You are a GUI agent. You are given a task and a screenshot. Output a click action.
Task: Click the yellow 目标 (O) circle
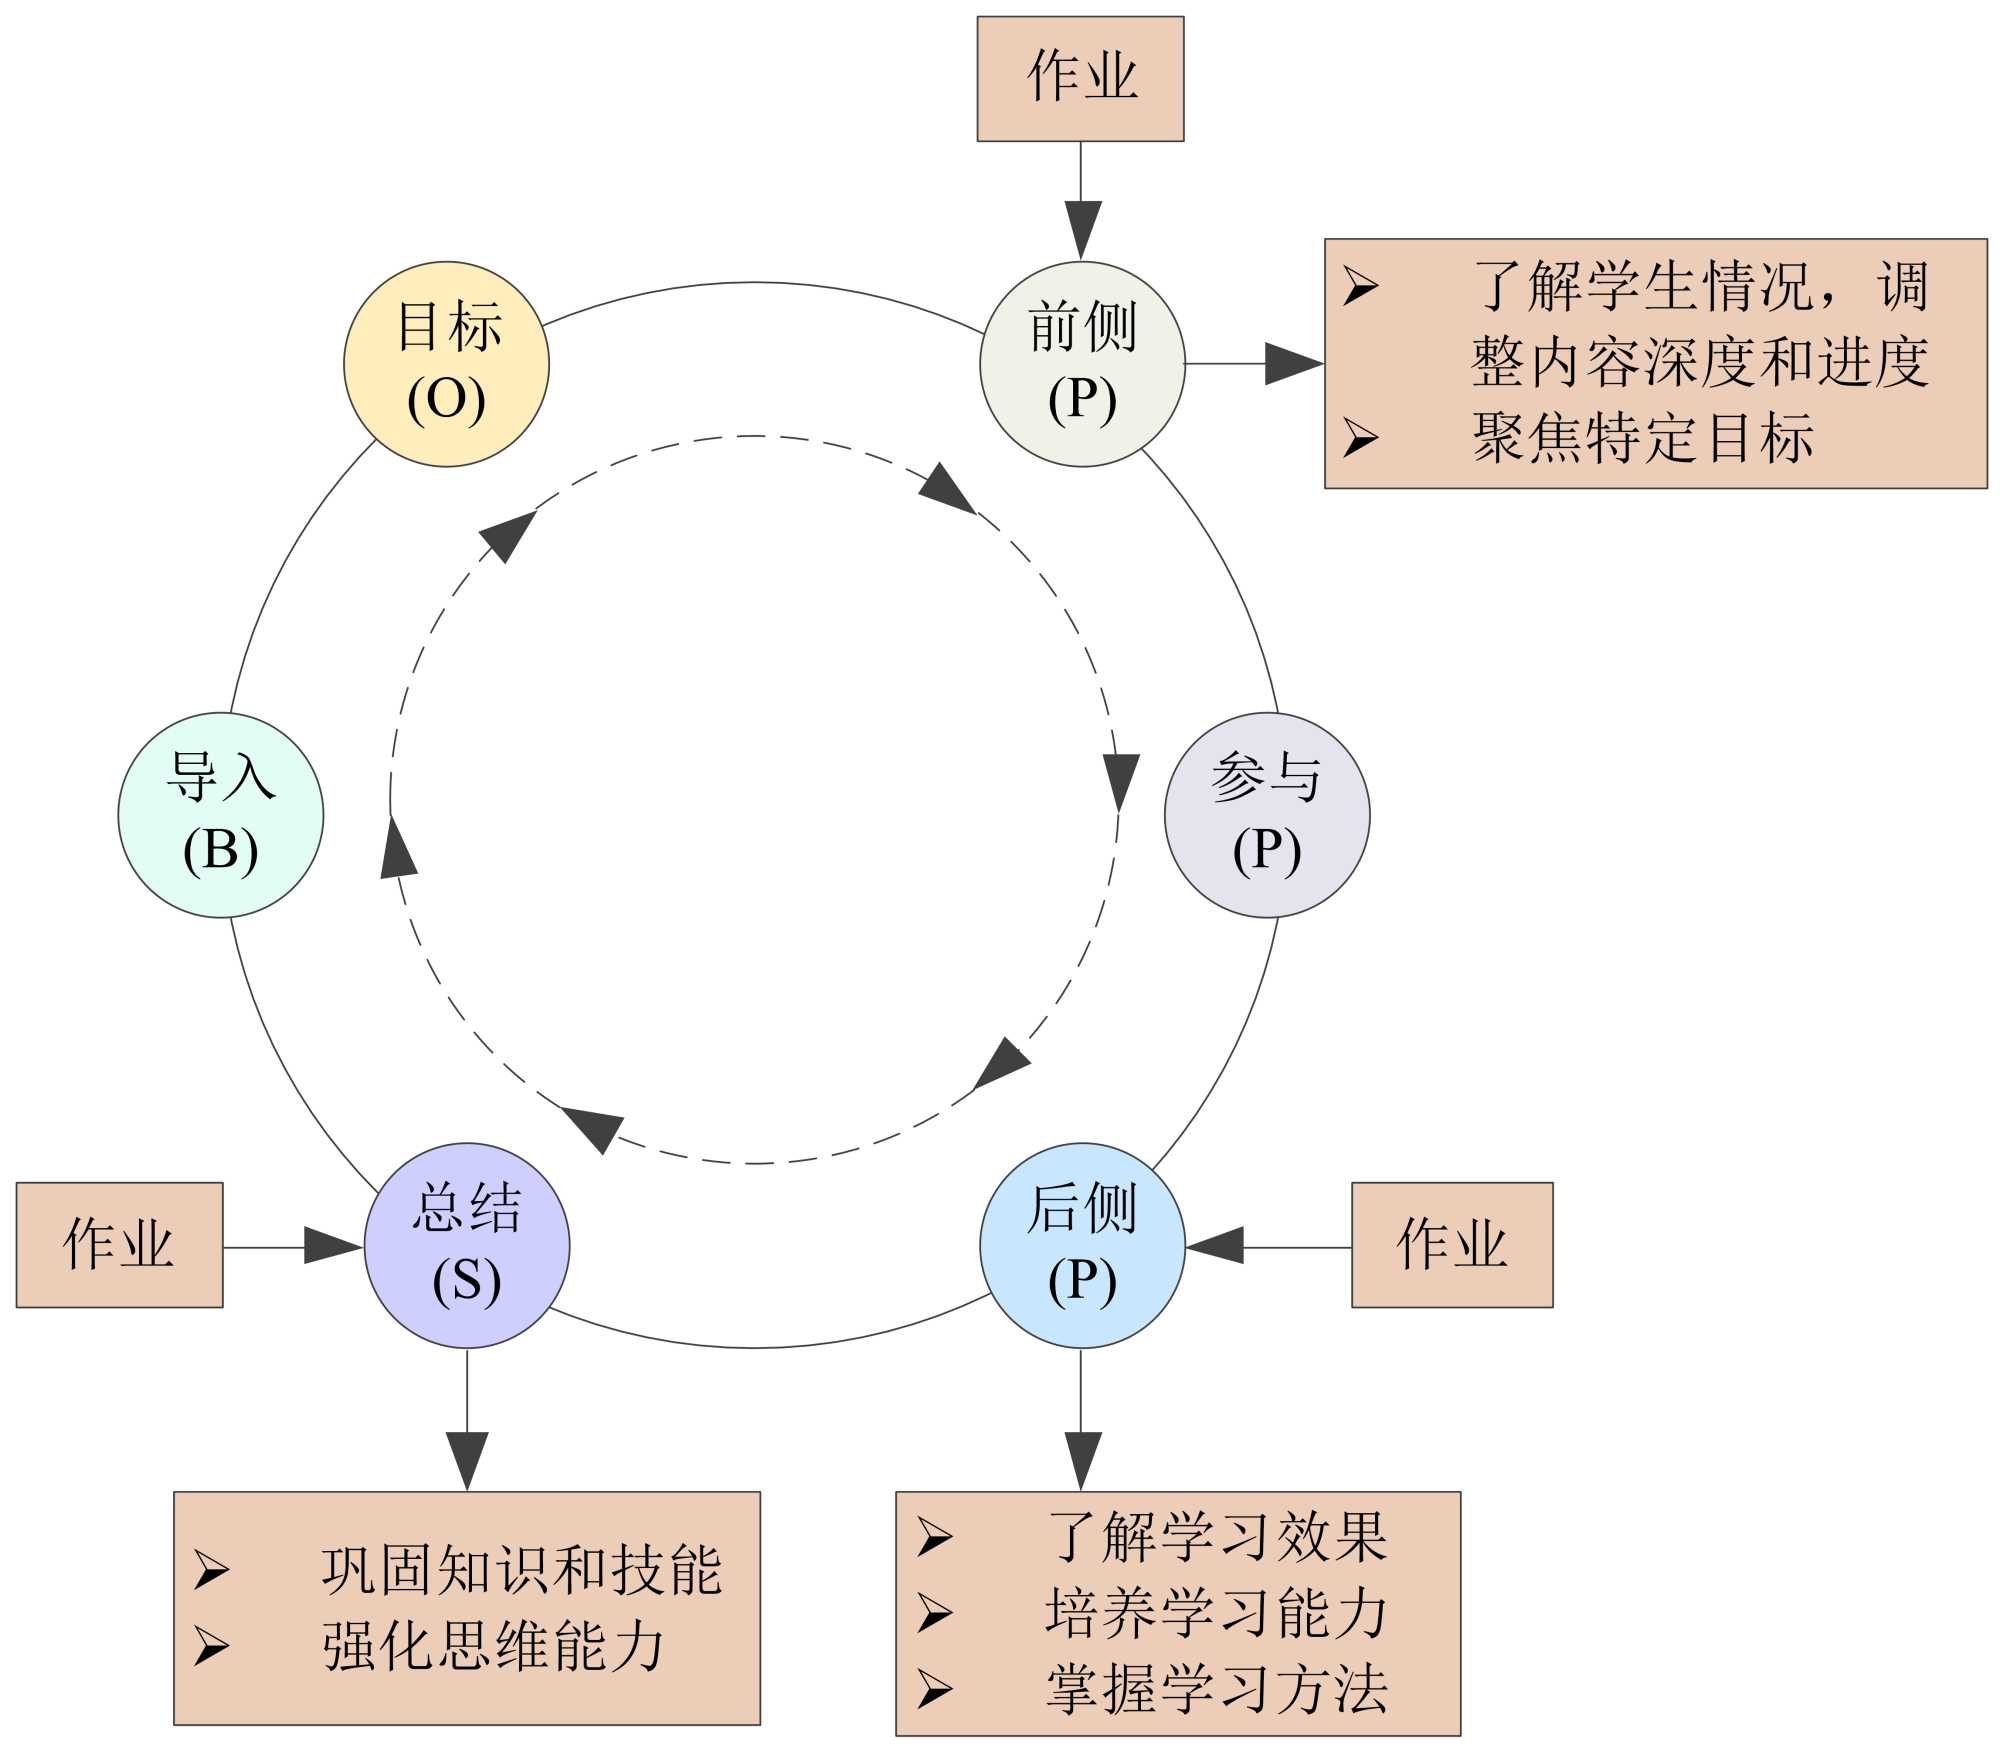click(x=446, y=364)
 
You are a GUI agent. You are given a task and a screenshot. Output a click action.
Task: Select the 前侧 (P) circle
click(x=1082, y=364)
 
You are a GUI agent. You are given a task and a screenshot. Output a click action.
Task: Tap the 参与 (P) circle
click(x=1266, y=815)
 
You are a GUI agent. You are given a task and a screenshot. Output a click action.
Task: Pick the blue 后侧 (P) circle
click(x=1082, y=1245)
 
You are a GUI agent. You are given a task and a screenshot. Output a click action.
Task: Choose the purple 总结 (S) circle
click(x=467, y=1245)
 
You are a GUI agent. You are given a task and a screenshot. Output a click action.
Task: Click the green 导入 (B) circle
click(x=221, y=815)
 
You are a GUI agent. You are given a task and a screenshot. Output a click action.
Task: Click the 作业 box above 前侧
click(x=1080, y=78)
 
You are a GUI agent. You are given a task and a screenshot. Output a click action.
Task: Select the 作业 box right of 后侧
click(x=1451, y=1245)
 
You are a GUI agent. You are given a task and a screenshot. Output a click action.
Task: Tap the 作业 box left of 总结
click(x=119, y=1245)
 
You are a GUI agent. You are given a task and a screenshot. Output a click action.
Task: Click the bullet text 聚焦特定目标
click(x=1643, y=438)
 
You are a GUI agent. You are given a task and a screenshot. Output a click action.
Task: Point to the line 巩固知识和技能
click(x=521, y=1570)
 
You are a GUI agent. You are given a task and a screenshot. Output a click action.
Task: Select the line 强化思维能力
click(x=493, y=1647)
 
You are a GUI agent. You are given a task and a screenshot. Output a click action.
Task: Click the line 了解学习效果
click(x=1217, y=1537)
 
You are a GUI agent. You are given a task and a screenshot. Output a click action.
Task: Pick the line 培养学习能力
click(x=1217, y=1613)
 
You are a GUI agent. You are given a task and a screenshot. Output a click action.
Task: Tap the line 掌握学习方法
click(x=1217, y=1690)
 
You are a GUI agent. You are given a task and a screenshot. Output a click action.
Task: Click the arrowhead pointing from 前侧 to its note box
click(x=1294, y=364)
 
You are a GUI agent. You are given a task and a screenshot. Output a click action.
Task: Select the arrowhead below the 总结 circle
click(x=467, y=1460)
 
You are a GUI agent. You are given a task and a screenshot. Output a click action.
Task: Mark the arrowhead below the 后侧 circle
click(x=1081, y=1460)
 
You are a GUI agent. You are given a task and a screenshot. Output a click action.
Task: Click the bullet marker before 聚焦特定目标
click(x=1360, y=438)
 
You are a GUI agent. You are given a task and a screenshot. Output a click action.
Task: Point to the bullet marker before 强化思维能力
click(x=211, y=1647)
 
